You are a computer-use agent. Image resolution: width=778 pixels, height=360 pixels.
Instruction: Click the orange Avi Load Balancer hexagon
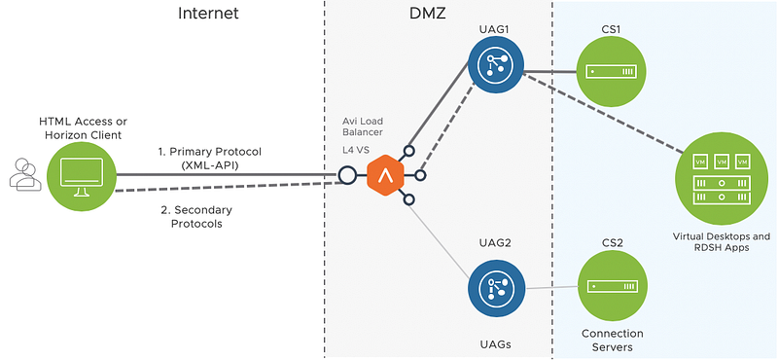pos(385,175)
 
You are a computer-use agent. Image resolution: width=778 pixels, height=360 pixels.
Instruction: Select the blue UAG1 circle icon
pos(496,65)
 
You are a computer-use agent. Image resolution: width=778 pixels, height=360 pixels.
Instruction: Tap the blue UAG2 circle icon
pos(496,289)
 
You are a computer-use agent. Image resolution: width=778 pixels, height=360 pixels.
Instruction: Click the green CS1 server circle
pos(612,71)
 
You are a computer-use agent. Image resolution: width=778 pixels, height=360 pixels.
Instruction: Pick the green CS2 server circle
pos(612,286)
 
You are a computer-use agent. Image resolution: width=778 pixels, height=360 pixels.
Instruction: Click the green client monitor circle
pos(82,176)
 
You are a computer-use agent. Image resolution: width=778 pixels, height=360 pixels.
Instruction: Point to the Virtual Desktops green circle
pos(721,179)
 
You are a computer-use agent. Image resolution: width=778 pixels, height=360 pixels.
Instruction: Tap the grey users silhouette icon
pos(24,174)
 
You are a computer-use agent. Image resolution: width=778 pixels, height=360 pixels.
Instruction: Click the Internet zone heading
pos(208,13)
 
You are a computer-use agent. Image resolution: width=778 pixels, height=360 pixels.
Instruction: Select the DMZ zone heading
pos(428,13)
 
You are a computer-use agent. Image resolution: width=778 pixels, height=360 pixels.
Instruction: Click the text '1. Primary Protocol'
pos(209,152)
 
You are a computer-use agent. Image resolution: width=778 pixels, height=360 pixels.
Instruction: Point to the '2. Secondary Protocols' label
pos(196,217)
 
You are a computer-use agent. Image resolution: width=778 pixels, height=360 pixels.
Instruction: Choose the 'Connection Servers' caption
pos(613,340)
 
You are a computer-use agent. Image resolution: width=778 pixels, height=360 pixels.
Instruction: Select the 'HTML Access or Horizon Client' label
pos(83,127)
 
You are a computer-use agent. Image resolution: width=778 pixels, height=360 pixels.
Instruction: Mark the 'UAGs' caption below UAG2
pos(496,343)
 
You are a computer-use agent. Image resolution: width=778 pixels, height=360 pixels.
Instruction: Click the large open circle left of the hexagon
pos(347,175)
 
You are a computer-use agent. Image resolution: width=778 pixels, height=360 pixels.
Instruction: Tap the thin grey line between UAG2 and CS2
pos(551,287)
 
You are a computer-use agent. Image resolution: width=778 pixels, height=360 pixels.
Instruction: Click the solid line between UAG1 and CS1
pos(550,71)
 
